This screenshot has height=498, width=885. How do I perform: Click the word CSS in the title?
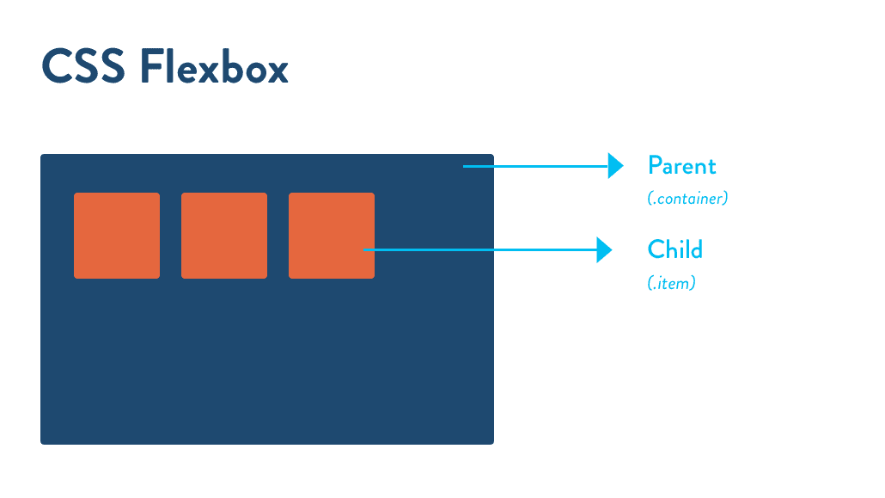tap(83, 68)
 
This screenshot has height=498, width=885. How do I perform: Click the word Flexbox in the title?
tap(214, 68)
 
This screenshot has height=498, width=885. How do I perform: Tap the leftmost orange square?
tap(117, 236)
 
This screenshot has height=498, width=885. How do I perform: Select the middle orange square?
tap(224, 236)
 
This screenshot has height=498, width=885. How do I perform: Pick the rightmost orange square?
tap(332, 236)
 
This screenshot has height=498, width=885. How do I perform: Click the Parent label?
tap(681, 165)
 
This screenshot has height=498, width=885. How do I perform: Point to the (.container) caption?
tap(687, 199)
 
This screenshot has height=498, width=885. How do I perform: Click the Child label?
tap(674, 249)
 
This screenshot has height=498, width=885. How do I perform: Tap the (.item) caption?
tap(671, 283)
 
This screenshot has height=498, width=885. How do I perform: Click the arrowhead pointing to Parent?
tap(615, 166)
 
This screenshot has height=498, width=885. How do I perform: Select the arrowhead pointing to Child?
tap(604, 250)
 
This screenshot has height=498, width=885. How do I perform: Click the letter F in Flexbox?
tap(151, 68)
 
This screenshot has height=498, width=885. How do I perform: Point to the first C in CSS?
tap(56, 68)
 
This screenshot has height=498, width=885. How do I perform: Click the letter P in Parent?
tap(654, 165)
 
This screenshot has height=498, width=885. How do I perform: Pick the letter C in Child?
tap(656, 249)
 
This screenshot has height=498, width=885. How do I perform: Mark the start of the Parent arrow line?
tap(465, 166)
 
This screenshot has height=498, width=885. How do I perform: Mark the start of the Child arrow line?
tap(366, 250)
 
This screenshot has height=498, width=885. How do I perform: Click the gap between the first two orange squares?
tap(170, 236)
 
